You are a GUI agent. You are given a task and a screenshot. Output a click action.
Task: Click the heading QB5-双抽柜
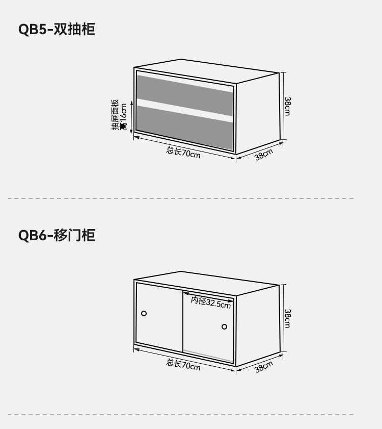point(57,29)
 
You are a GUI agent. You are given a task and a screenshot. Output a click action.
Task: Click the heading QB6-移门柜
point(57,235)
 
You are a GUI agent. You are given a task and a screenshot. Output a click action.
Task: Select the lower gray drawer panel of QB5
point(184,128)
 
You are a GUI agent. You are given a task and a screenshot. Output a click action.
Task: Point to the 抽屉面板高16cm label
point(119,115)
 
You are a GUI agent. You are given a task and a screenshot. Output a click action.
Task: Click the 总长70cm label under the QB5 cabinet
point(183,152)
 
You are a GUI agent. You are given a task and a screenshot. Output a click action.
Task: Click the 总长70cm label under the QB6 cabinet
point(183,364)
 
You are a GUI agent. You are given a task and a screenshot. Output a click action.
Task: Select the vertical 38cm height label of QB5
point(287,106)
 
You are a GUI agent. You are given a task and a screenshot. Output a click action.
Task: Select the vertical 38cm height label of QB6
point(287,318)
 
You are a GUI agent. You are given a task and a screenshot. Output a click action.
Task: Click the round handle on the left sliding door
point(144,313)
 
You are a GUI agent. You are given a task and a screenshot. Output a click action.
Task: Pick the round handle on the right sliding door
point(224,326)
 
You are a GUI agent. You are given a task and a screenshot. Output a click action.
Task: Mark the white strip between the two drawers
point(184,111)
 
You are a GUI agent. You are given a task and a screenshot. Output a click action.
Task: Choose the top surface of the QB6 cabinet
point(206,283)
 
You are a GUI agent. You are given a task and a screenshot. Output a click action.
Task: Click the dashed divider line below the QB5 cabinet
point(181,198)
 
